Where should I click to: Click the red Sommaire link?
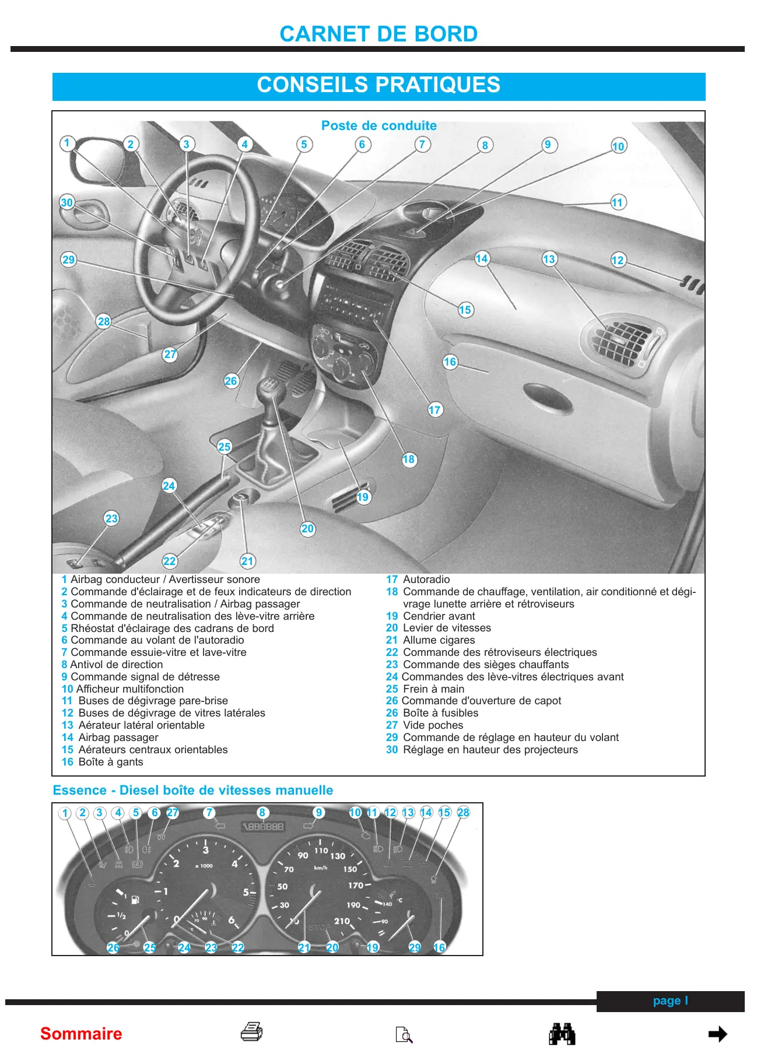(81, 1034)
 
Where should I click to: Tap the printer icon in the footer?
(251, 1032)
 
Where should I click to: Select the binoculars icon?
(562, 1034)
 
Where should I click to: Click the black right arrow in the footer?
(717, 1034)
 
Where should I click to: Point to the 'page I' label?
(670, 1000)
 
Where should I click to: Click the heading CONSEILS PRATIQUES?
(378, 85)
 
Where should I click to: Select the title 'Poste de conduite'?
(378, 125)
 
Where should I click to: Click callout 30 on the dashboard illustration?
(66, 202)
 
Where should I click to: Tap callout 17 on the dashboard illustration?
(434, 410)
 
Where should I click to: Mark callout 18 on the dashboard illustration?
(408, 459)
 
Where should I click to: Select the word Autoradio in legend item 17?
(426, 580)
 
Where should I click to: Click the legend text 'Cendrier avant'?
(439, 616)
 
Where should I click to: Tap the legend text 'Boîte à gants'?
(111, 762)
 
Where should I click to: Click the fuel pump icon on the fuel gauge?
(135, 900)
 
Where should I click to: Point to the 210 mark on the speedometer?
(342, 921)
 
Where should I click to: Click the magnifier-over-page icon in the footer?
(404, 1034)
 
